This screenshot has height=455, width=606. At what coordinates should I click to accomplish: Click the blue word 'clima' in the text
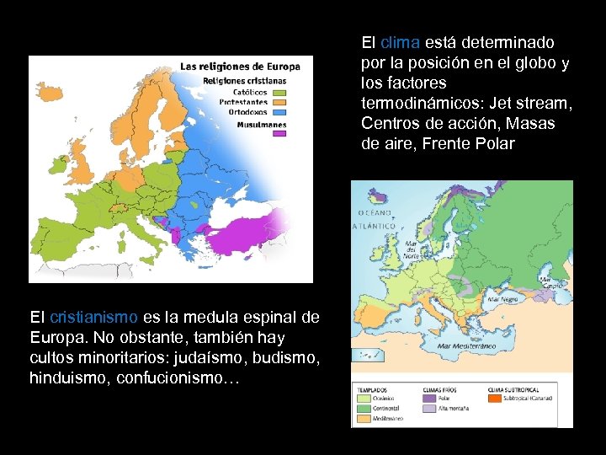pyautogui.click(x=400, y=42)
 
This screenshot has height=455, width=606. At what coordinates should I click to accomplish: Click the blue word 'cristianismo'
pyautogui.click(x=93, y=318)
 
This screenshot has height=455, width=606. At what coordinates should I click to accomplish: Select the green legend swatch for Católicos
pyautogui.click(x=279, y=93)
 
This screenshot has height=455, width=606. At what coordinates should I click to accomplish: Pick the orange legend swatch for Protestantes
pyautogui.click(x=279, y=102)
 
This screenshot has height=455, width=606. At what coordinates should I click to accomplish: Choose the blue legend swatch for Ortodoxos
pyautogui.click(x=279, y=112)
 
